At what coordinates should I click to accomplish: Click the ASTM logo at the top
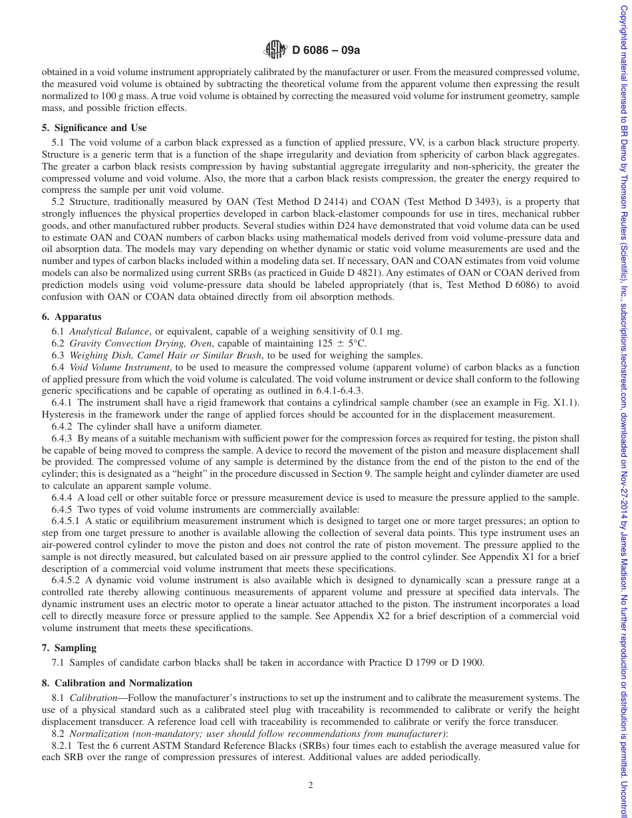pyautogui.click(x=274, y=49)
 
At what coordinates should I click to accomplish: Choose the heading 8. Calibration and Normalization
pyautogui.click(x=116, y=683)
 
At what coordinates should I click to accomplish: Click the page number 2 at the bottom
pyautogui.click(x=310, y=785)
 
